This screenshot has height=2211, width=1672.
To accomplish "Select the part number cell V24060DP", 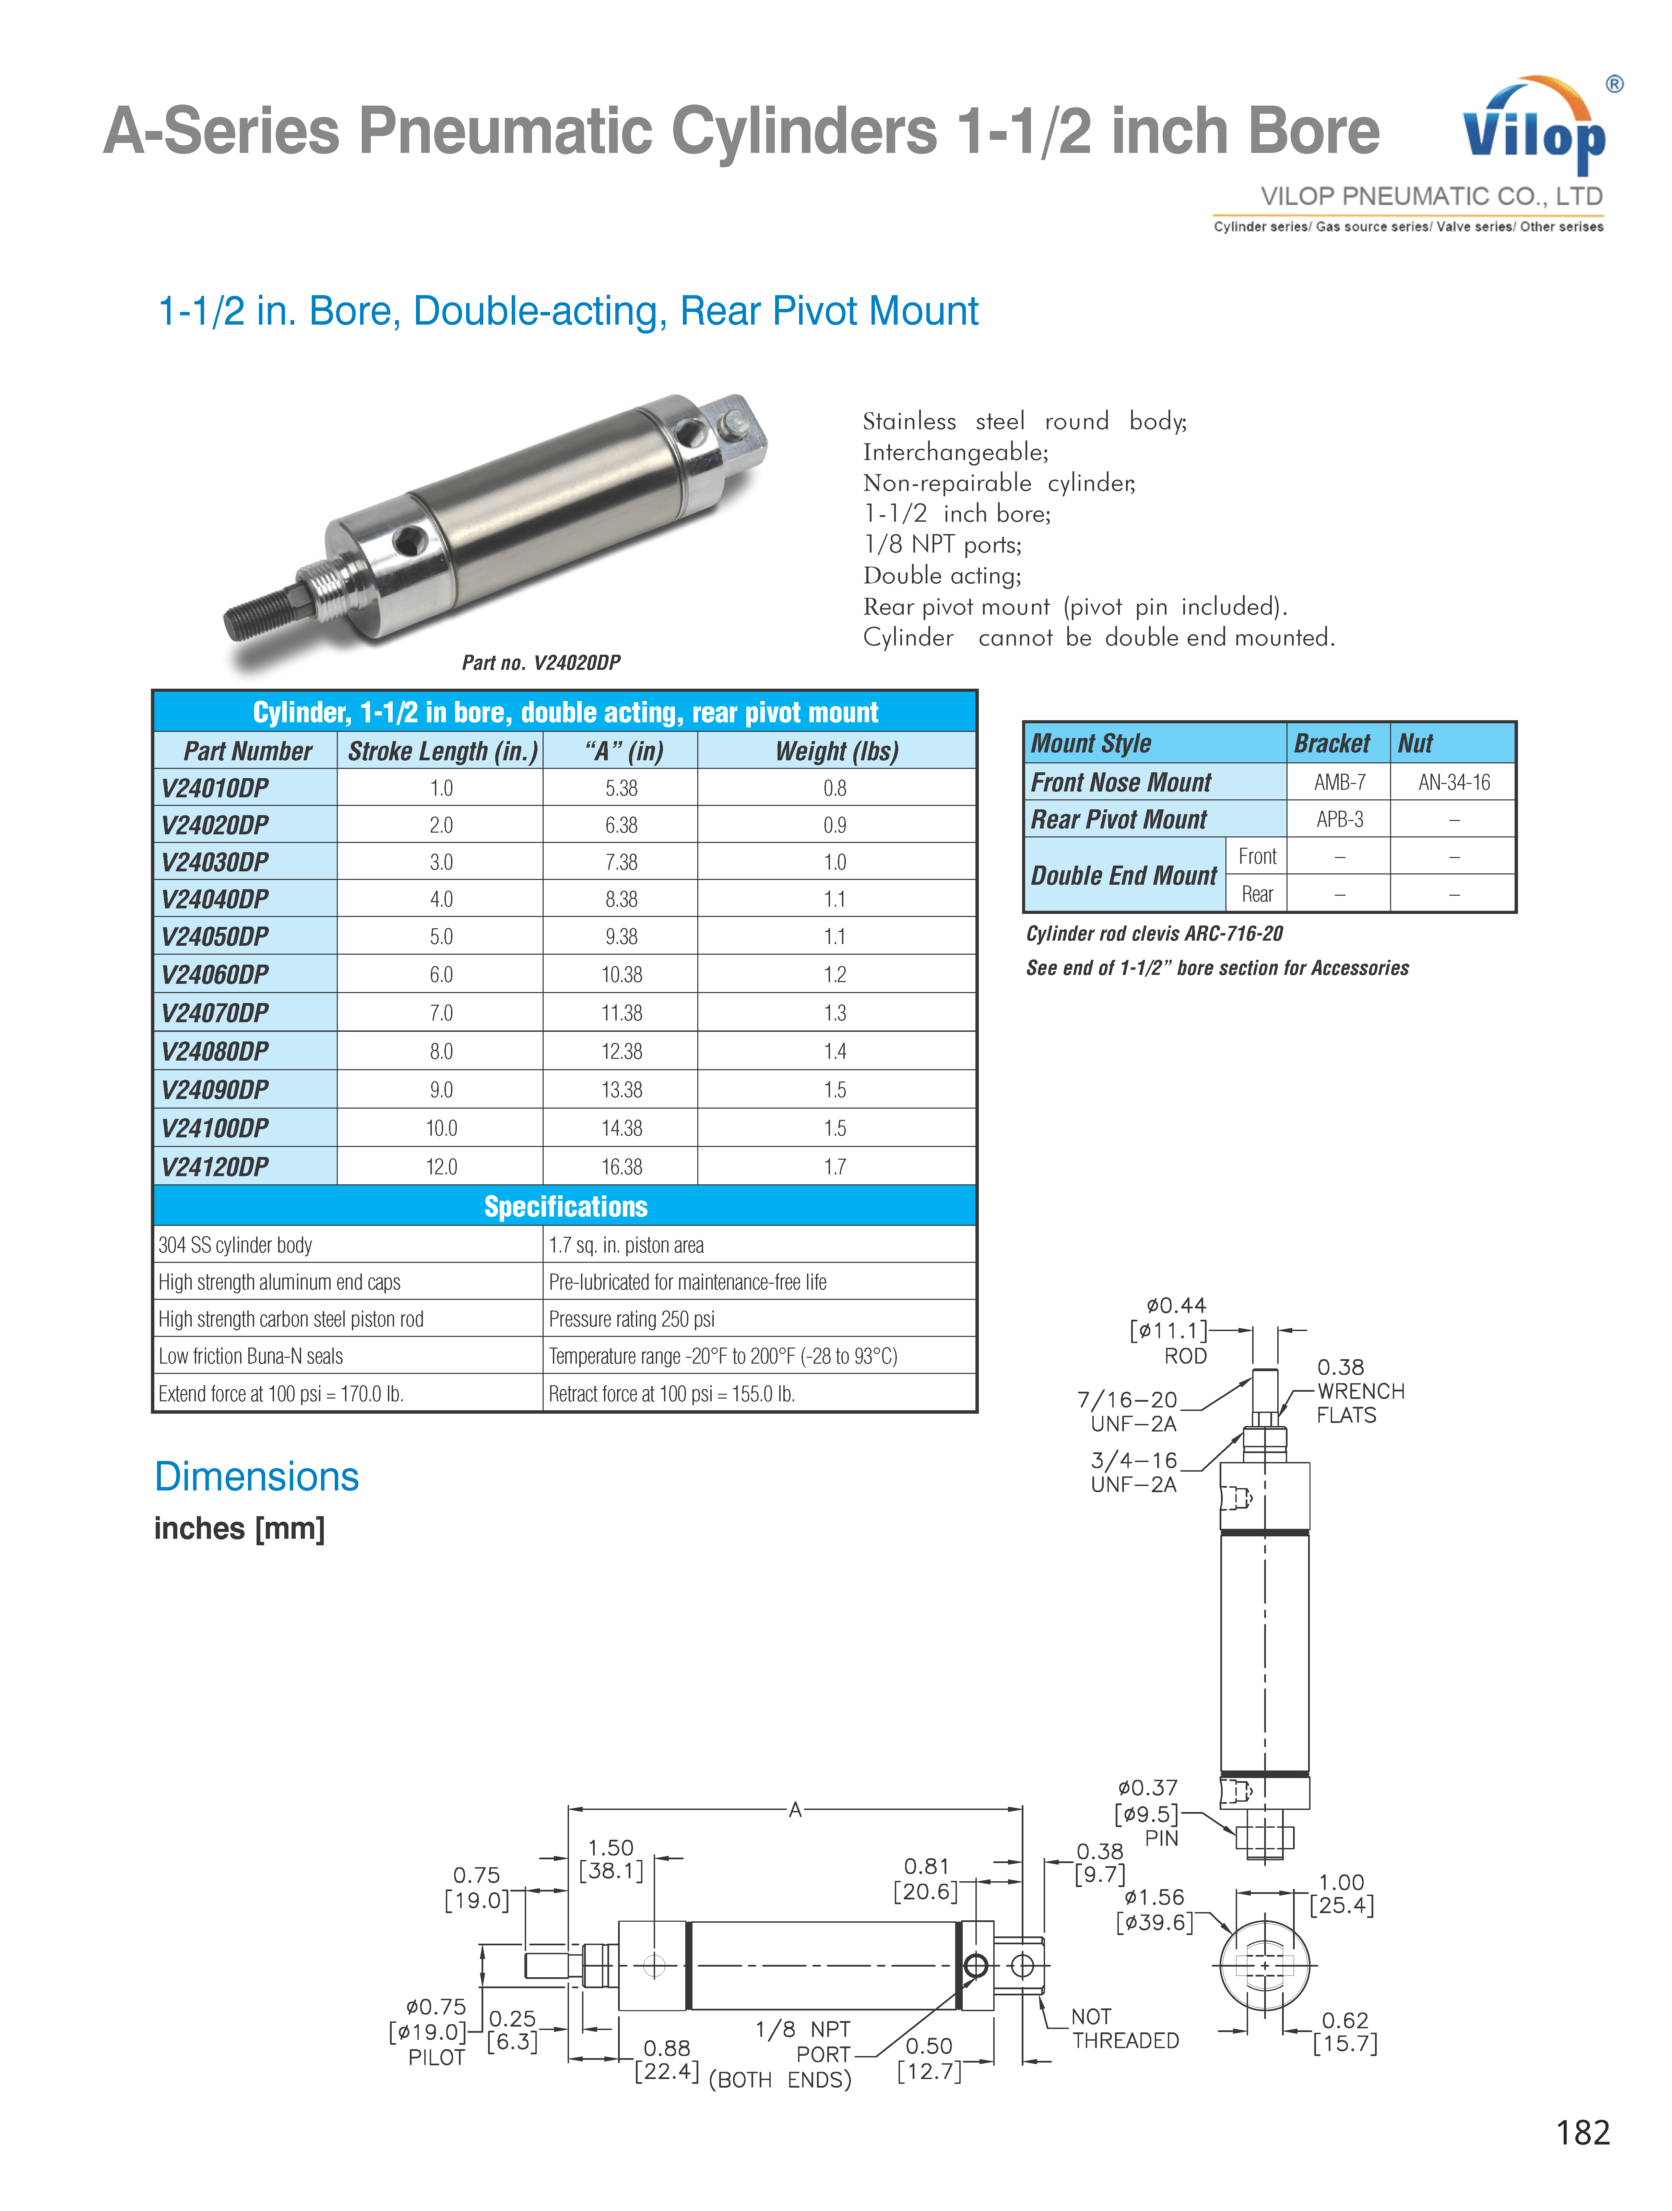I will tap(215, 975).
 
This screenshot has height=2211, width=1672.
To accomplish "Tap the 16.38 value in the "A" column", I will tap(621, 1167).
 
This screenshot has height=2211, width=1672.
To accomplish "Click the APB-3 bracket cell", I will tap(1339, 820).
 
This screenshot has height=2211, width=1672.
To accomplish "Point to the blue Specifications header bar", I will tap(565, 1207).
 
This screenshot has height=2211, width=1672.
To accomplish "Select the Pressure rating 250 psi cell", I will tap(632, 1319).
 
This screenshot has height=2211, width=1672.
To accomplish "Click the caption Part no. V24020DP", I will tap(541, 663).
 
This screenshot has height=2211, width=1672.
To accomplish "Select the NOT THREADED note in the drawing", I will tap(1124, 2029).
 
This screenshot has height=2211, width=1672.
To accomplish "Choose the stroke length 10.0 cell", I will tap(441, 1128).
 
